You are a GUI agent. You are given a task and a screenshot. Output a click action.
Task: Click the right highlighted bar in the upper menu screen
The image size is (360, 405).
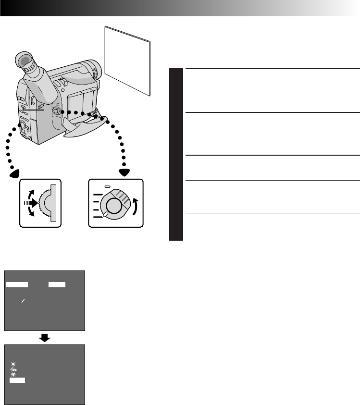[x=57, y=284]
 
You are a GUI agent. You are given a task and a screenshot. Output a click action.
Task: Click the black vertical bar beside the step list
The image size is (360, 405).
[x=176, y=154]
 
